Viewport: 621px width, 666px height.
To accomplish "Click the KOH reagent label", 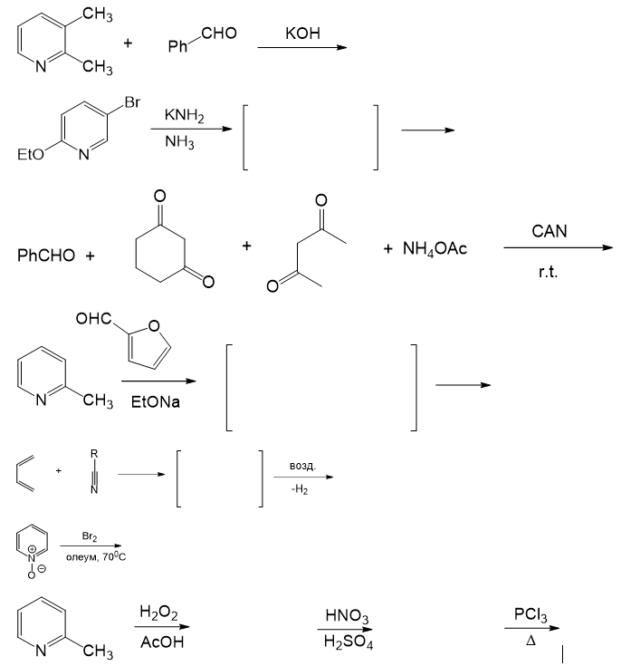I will (x=302, y=34).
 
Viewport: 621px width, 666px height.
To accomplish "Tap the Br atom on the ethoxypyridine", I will (x=132, y=103).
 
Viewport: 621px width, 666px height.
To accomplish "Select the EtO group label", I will (x=30, y=155).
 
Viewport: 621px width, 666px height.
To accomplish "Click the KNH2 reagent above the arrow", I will (x=184, y=117).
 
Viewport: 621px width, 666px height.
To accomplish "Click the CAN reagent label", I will (x=549, y=232).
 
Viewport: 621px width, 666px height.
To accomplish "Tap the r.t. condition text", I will (x=548, y=271).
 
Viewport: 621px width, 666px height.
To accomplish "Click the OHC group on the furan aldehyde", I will (x=94, y=319).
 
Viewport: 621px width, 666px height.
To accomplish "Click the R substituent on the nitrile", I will (x=94, y=452).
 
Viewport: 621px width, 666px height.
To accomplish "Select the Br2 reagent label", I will (x=90, y=537).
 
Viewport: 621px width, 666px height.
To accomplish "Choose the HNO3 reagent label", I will (x=347, y=618).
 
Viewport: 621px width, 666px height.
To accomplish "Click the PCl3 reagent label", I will (x=530, y=615).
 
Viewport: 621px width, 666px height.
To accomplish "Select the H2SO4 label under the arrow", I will (x=347, y=643).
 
